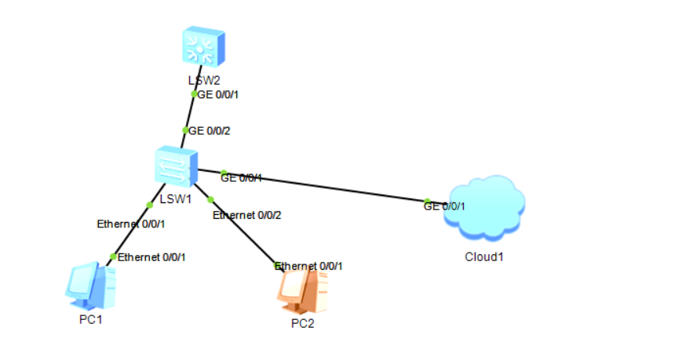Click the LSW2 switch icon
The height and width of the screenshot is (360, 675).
[x=203, y=48]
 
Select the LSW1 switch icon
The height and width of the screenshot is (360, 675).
[x=174, y=166]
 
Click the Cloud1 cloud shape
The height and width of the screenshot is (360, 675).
[x=484, y=208]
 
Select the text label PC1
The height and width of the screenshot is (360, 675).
[x=90, y=319]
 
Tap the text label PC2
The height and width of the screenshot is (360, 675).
[x=302, y=324]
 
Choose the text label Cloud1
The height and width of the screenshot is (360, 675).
[x=483, y=256]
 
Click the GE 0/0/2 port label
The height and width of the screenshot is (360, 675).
[x=210, y=131]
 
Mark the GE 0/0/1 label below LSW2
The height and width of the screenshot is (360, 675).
[x=219, y=94]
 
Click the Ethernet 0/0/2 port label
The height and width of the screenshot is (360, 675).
[x=247, y=215]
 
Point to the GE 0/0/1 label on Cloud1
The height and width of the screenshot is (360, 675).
[x=445, y=207]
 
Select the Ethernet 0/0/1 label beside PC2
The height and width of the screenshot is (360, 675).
[x=309, y=266]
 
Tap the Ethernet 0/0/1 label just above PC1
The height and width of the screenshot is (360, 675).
[x=151, y=256]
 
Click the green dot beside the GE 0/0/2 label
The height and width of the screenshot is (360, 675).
[x=185, y=130]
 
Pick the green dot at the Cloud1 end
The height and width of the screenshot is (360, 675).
[x=427, y=202]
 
